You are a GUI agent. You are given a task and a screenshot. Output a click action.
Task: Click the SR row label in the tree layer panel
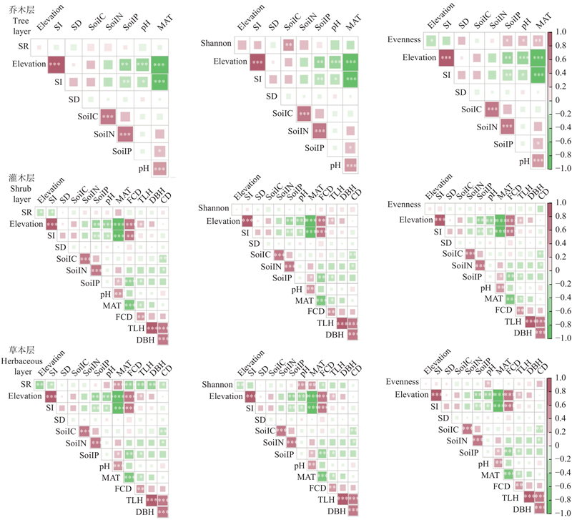pos(24,46)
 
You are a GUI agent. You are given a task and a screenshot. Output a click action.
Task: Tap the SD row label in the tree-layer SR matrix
pos(74,99)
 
